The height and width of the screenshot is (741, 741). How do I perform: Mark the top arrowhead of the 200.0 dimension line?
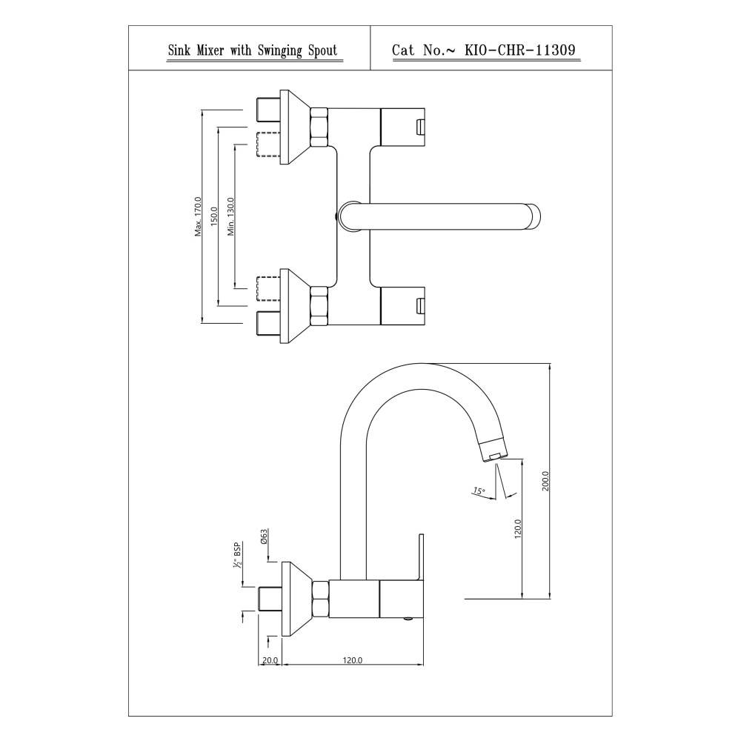(550, 366)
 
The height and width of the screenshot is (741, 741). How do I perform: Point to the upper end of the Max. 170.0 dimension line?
(202, 110)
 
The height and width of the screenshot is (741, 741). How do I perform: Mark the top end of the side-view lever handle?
(421, 534)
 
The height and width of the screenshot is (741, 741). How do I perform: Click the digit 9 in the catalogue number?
(571, 50)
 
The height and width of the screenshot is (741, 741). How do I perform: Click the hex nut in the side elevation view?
(320, 599)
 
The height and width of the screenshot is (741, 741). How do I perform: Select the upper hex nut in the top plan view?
(319, 127)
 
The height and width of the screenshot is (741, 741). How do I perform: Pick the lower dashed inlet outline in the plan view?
(268, 289)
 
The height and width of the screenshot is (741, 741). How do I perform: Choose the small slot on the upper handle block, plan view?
(419, 127)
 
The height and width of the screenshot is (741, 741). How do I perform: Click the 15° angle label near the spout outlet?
(479, 491)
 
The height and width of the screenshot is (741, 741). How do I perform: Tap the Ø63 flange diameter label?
(265, 536)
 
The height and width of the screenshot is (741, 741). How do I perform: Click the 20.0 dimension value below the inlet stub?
(270, 660)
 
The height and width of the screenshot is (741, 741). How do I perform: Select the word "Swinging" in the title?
(280, 50)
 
